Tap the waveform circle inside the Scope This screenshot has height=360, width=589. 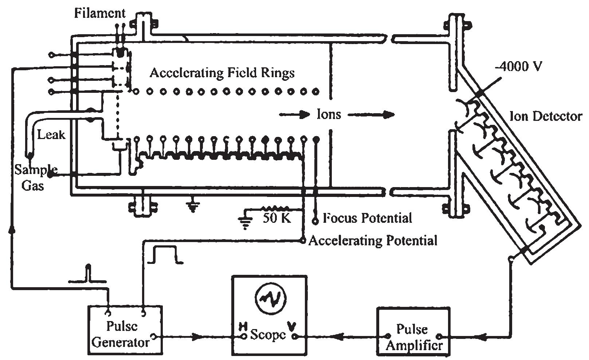point(269,298)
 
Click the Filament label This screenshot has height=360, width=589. point(100,13)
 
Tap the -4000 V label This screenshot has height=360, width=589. point(519,67)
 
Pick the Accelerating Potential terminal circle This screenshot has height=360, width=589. point(302,241)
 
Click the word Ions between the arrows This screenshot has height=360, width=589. point(329,115)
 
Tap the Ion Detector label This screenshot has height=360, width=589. point(545,116)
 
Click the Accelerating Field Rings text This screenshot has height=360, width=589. point(222,73)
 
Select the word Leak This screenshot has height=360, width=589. point(51,135)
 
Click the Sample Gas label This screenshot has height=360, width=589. point(35,178)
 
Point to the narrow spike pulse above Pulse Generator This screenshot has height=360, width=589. point(87,274)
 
